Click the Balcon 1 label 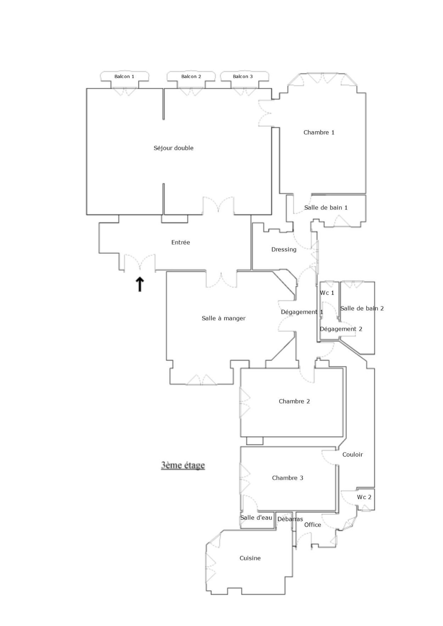124,77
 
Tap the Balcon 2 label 191,77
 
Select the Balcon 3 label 243,77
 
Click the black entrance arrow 140,284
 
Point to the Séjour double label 173,148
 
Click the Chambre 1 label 319,132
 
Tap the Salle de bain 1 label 326,208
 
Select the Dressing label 284,249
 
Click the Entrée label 181,242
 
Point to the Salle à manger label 224,318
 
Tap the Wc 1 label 327,293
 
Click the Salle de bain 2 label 362,308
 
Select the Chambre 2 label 294,401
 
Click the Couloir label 353,454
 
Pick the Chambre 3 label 287,478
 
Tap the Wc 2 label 364,497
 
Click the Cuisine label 250,558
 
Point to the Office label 313,525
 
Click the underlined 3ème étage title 183,465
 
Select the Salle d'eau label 256,518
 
